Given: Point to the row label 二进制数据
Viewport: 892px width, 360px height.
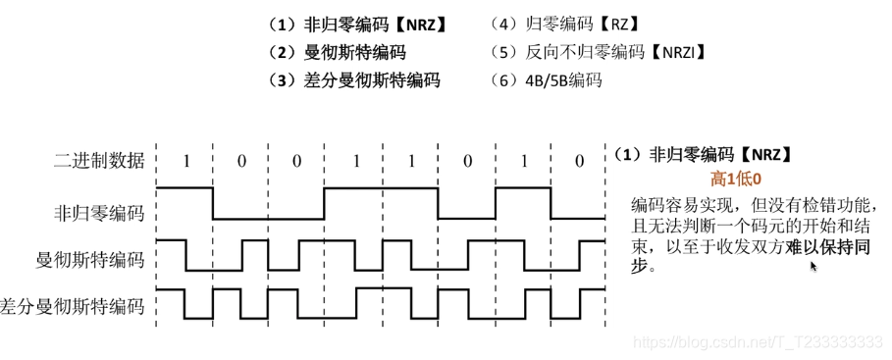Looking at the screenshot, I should tap(98, 160).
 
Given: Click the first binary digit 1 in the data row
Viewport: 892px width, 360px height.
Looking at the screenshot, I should tap(184, 160).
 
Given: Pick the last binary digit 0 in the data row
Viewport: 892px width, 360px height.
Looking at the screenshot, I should tap(579, 160).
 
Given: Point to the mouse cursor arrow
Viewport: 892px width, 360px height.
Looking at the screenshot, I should tap(813, 264).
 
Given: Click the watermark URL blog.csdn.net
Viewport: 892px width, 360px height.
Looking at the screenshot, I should tap(760, 340).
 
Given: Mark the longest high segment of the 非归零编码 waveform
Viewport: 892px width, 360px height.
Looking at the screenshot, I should tap(381, 187).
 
